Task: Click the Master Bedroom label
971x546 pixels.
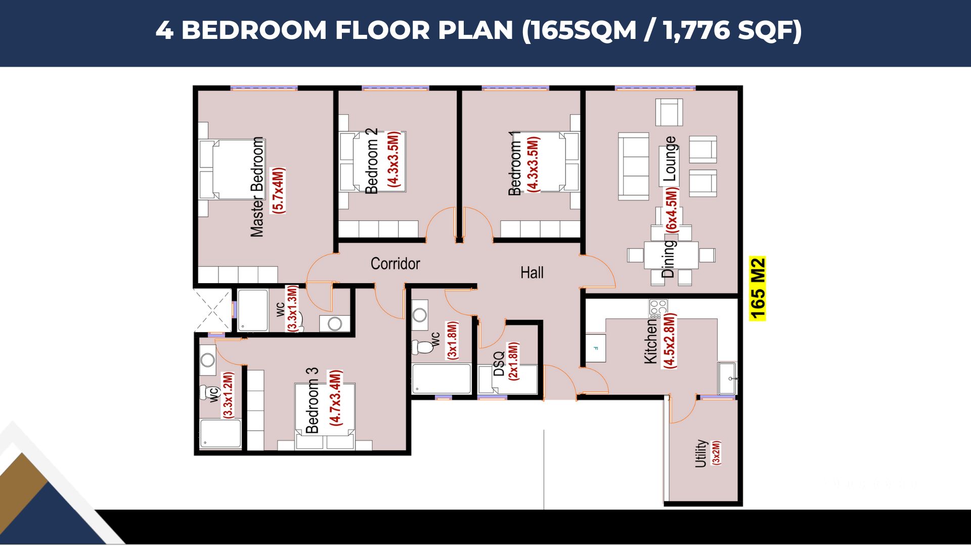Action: click(x=257, y=187)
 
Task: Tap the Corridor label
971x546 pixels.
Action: click(x=395, y=263)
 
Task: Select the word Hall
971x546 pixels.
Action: click(x=532, y=272)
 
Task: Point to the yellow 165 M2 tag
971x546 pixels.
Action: click(x=758, y=289)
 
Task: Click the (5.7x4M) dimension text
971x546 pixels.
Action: click(x=278, y=190)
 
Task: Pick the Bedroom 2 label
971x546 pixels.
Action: click(x=372, y=161)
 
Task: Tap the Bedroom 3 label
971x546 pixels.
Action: click(x=312, y=400)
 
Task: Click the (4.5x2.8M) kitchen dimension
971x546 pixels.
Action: click(x=669, y=340)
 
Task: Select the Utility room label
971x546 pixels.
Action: click(x=700, y=453)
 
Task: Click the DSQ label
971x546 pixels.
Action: click(x=499, y=364)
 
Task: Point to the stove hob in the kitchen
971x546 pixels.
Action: click(x=658, y=308)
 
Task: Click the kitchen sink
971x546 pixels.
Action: click(x=727, y=378)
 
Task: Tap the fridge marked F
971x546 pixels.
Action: click(x=596, y=348)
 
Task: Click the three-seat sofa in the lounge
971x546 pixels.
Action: click(x=634, y=167)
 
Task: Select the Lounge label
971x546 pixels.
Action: click(x=670, y=159)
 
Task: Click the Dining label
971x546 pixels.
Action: click(x=668, y=259)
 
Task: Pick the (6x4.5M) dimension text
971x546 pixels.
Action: click(x=671, y=210)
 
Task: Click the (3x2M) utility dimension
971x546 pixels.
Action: click(x=716, y=452)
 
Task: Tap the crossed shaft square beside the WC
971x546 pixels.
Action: click(x=212, y=310)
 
